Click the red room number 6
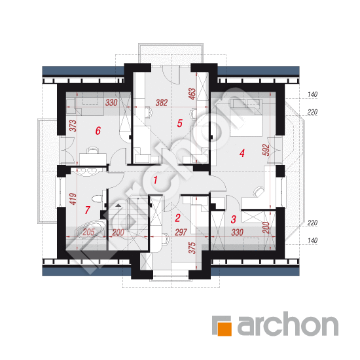click(98, 131)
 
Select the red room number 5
click(179, 123)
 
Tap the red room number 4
click(242, 153)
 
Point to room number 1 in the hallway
click(155, 180)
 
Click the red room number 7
click(87, 210)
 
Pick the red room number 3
click(233, 219)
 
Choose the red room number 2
click(177, 218)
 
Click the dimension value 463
click(192, 94)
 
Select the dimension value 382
click(162, 103)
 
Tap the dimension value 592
click(266, 150)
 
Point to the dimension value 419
click(73, 199)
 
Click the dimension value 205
click(88, 232)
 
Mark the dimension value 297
click(181, 232)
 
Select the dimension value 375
click(192, 248)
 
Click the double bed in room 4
click(245, 118)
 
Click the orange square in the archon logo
click(225, 329)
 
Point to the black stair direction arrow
click(118, 205)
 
